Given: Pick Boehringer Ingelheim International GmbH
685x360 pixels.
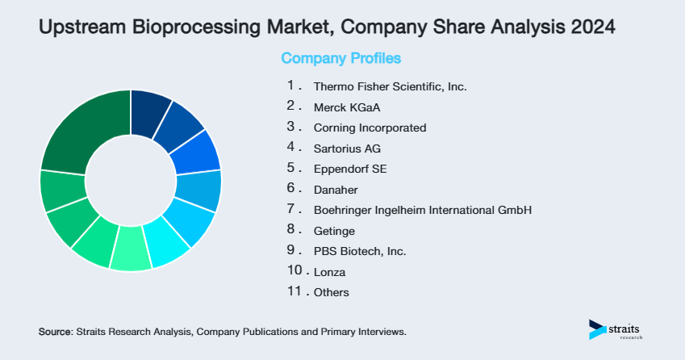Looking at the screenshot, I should [x=423, y=210].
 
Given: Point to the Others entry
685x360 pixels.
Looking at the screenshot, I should [x=332, y=292].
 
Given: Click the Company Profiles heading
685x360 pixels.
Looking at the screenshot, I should [x=340, y=59].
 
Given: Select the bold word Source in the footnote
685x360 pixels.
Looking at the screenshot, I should [x=55, y=332].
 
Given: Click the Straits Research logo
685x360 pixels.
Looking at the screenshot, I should [x=618, y=329].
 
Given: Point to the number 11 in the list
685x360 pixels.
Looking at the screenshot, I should [x=294, y=291].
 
